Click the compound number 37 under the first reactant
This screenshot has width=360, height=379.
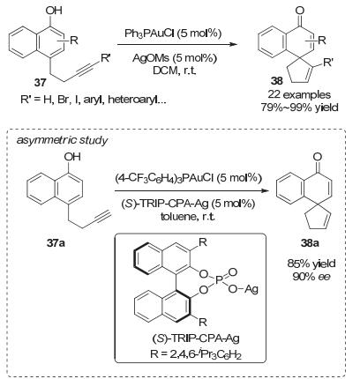(x=41, y=82)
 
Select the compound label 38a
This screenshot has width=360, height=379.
(x=310, y=243)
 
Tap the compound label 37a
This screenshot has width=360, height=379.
(x=56, y=243)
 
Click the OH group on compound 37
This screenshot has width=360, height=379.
(x=54, y=11)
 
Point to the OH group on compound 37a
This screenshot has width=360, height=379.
(x=72, y=157)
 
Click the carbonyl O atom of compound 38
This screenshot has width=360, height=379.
(x=300, y=11)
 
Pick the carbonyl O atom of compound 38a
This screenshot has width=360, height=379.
(x=318, y=157)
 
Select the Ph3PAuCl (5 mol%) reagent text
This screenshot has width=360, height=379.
(x=173, y=33)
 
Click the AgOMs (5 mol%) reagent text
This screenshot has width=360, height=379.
(x=175, y=58)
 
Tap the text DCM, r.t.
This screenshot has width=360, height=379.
(x=175, y=71)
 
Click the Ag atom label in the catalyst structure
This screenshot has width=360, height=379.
(x=251, y=288)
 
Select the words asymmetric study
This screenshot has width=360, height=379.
(x=62, y=140)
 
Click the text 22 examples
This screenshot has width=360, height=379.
(x=299, y=94)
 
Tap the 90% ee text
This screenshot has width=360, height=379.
(x=311, y=276)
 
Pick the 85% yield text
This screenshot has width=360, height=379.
(x=311, y=264)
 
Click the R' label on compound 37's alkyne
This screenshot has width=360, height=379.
(x=105, y=58)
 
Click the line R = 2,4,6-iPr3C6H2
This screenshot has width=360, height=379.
(x=196, y=354)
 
